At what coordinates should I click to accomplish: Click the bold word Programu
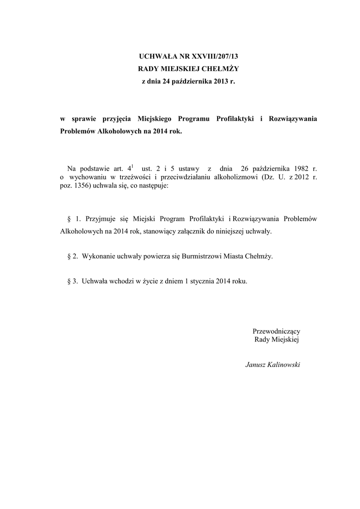click(194, 119)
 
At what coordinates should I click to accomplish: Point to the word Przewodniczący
click(276, 331)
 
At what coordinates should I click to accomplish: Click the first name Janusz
click(256, 365)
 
